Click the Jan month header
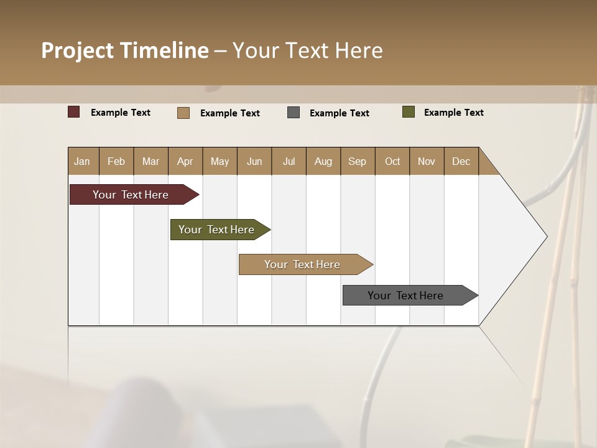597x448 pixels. tap(82, 161)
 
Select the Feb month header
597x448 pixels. tap(116, 161)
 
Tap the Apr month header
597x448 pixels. tap(185, 161)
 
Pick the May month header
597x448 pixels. tap(220, 161)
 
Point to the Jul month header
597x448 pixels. tap(289, 161)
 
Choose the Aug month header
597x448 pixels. tap(323, 161)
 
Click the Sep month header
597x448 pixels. tap(357, 161)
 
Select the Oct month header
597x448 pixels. tap(392, 161)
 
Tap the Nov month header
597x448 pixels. tap(426, 161)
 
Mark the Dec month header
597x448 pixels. tap(461, 161)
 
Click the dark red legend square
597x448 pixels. tap(74, 112)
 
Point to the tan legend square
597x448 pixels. tap(183, 113)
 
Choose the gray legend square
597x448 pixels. tap(294, 112)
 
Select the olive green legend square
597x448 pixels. tap(409, 112)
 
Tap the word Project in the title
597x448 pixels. tap(78, 50)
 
